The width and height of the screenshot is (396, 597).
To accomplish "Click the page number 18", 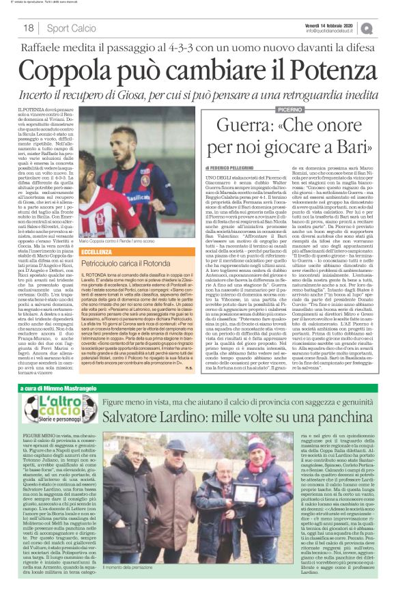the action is click(29, 28).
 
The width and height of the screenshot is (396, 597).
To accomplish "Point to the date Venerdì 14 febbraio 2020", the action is click(340, 24).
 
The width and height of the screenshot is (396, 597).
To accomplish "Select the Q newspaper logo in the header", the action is click(386, 27).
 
